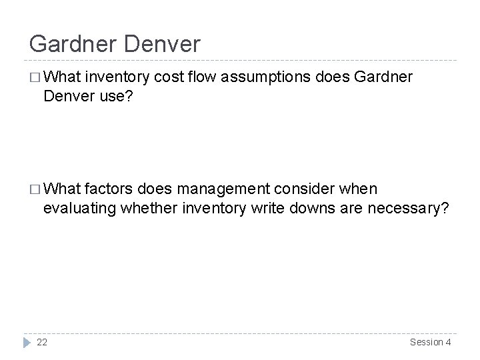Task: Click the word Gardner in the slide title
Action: click(71, 44)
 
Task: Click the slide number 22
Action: click(42, 342)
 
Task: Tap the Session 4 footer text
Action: click(429, 342)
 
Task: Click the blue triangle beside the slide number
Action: click(27, 342)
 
